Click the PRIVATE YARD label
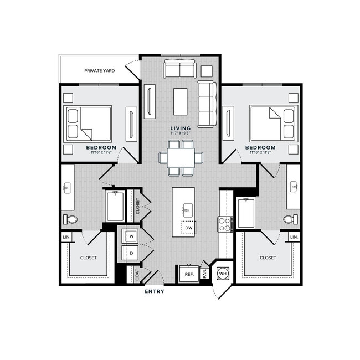coord(100,71)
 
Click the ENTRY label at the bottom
coord(154,291)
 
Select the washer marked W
coord(131,236)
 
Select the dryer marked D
coord(131,254)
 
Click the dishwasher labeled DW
coord(189,228)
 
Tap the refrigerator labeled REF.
coord(188,274)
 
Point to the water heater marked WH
coord(223,272)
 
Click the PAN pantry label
coord(205,272)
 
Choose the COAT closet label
coord(137,274)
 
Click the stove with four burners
coord(225,224)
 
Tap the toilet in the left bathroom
coord(70,219)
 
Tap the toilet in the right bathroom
coord(291,219)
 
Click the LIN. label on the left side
coord(67,237)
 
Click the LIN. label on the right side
coord(294,237)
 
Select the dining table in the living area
coord(181,158)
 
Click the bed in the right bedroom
coord(272,122)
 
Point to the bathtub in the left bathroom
coord(115,206)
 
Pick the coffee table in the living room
coord(180,101)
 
